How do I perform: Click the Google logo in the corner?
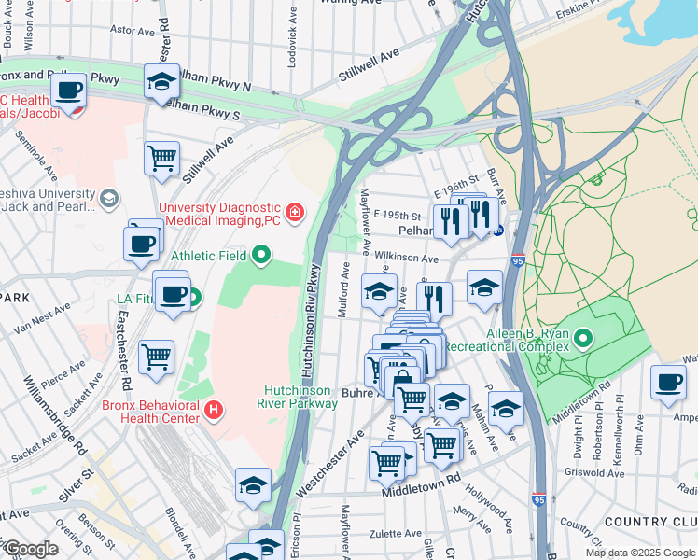(30, 550)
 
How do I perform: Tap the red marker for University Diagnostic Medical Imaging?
(295, 213)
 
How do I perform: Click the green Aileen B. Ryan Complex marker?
(584, 337)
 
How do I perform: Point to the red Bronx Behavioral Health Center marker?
(214, 409)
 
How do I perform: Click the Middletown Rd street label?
(421, 488)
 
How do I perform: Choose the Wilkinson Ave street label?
(407, 259)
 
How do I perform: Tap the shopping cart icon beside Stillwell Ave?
(161, 157)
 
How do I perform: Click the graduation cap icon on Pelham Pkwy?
(161, 81)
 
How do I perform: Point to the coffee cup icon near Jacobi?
(69, 91)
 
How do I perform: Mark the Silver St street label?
(74, 486)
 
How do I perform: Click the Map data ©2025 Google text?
(639, 553)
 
